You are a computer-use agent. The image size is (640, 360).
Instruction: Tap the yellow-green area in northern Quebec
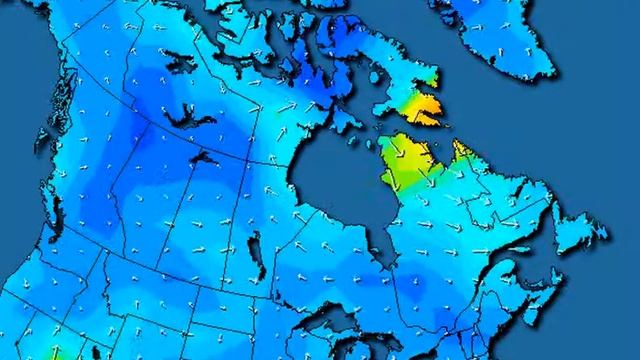point(405,165)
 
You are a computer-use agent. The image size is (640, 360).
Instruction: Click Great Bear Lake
point(176,120)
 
